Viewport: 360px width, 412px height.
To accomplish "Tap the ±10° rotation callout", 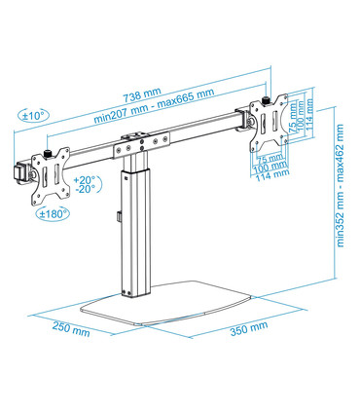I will point(36,116).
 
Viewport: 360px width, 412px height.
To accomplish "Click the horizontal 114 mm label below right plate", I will point(275,175).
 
